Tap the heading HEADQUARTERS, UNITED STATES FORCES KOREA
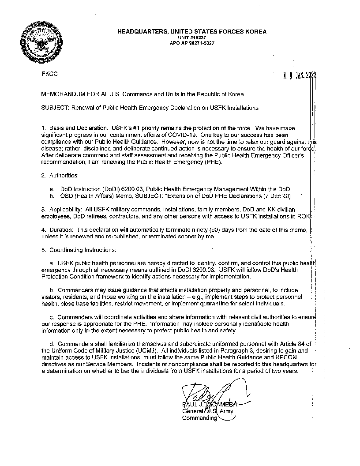click(191, 32)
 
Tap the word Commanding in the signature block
click(199, 418)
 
